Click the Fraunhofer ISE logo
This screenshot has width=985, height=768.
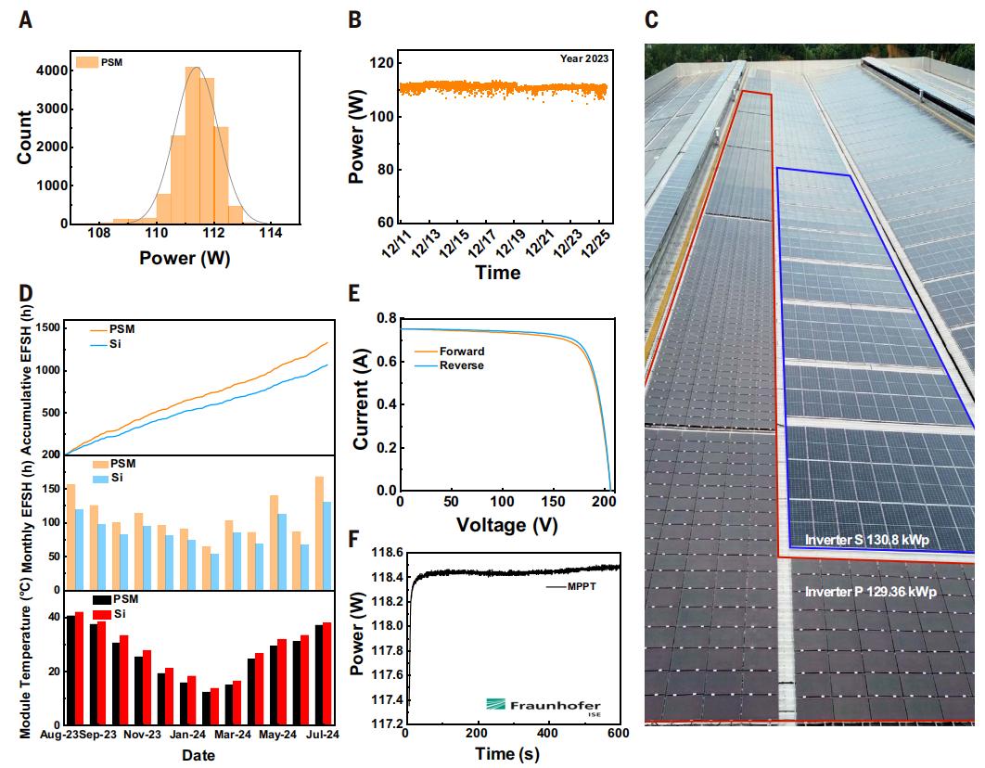(544, 707)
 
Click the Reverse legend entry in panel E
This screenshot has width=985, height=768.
(462, 365)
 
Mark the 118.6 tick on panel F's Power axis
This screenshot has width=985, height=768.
(382, 553)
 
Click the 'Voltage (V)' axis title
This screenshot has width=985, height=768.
(507, 526)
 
